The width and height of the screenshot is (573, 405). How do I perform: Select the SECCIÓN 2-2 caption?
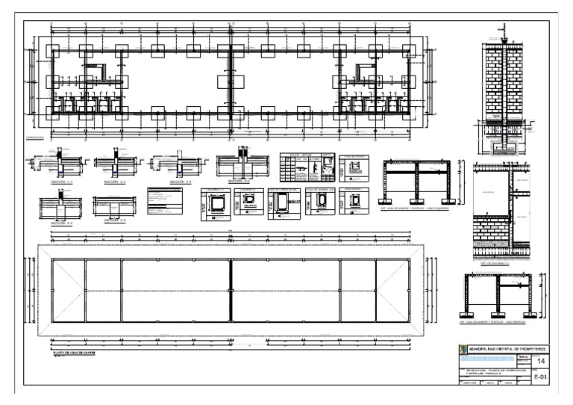(x=115, y=182)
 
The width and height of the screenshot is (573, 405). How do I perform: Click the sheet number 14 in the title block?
(x=541, y=362)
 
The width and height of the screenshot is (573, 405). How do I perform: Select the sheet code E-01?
(x=542, y=378)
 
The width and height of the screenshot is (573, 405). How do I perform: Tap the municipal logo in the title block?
(x=460, y=348)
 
